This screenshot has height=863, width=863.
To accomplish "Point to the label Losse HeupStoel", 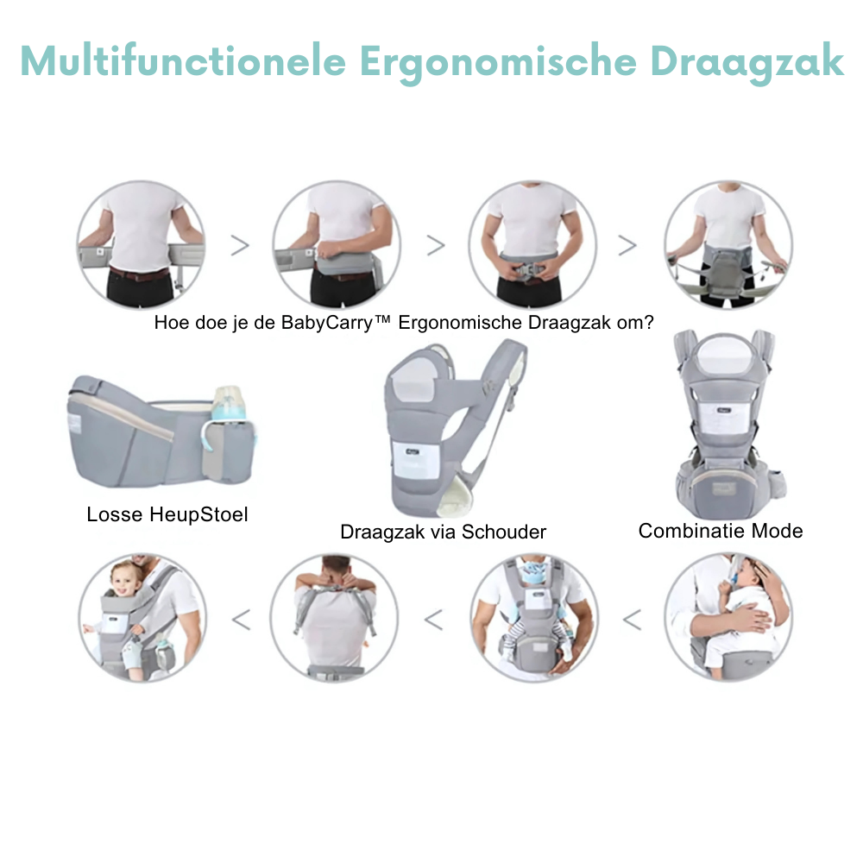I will pos(167,515).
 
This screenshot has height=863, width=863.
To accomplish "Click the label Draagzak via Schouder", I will pos(443,532).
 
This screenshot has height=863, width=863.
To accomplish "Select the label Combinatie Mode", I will pos(721,531).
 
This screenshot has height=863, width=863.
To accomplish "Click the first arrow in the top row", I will pos(240,245).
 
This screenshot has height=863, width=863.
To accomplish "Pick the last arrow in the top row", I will pos(627,245).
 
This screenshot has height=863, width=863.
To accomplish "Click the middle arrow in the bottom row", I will pos(433,619).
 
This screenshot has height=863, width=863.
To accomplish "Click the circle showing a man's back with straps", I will pos(335,618).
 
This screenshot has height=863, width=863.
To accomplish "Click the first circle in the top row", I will pos(142,244).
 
